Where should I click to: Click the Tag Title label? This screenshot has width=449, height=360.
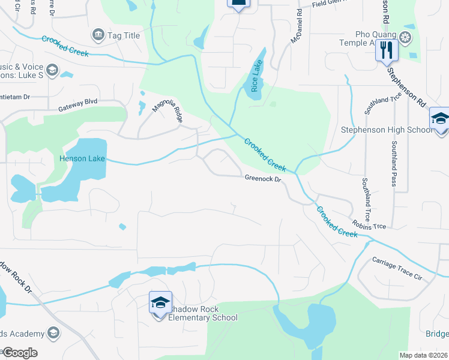point(123,35)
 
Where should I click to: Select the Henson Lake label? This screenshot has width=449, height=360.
point(82,159)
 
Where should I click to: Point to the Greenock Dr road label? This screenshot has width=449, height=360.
point(263,178)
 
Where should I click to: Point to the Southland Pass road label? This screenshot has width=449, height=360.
point(394,163)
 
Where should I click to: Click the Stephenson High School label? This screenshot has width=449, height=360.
point(386,130)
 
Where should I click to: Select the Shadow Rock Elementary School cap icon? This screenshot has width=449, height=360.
point(160,302)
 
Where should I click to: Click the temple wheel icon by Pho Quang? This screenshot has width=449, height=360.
point(406,38)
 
